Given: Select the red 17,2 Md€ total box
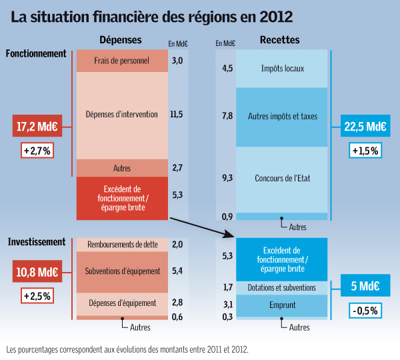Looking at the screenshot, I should click(x=37, y=125).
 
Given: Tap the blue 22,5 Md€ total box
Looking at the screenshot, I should click(x=365, y=125).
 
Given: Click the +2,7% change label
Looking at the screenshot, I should click(x=37, y=151).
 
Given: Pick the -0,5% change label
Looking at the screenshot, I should click(x=364, y=311).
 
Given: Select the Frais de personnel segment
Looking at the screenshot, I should click(x=121, y=61).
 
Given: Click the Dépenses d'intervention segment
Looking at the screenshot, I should click(x=121, y=115).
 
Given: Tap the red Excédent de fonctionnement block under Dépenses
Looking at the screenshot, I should click(x=121, y=198).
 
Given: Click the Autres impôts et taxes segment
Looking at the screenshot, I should click(x=282, y=117).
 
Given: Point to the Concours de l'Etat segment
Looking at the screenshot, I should click(x=282, y=179).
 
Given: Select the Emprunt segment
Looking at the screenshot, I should click(x=282, y=305).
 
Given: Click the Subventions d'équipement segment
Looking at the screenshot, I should click(x=121, y=271).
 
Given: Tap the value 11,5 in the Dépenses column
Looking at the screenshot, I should click(x=176, y=115).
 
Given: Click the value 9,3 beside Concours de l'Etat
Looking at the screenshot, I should click(x=227, y=179).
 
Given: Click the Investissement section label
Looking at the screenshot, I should click(x=36, y=242).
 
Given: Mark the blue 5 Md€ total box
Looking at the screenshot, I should click(x=364, y=287).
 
